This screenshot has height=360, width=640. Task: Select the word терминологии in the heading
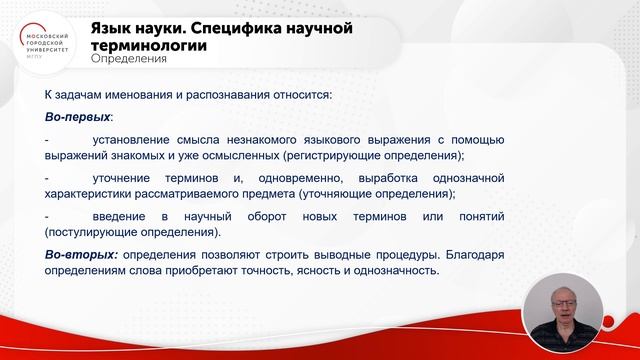pyautogui.click(x=149, y=45)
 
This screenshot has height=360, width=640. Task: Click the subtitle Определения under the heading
pyautogui.click(x=127, y=60)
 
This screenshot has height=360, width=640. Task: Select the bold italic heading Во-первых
pyautogui.click(x=77, y=117)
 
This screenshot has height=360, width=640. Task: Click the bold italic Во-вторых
pyautogui.click(x=81, y=254)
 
